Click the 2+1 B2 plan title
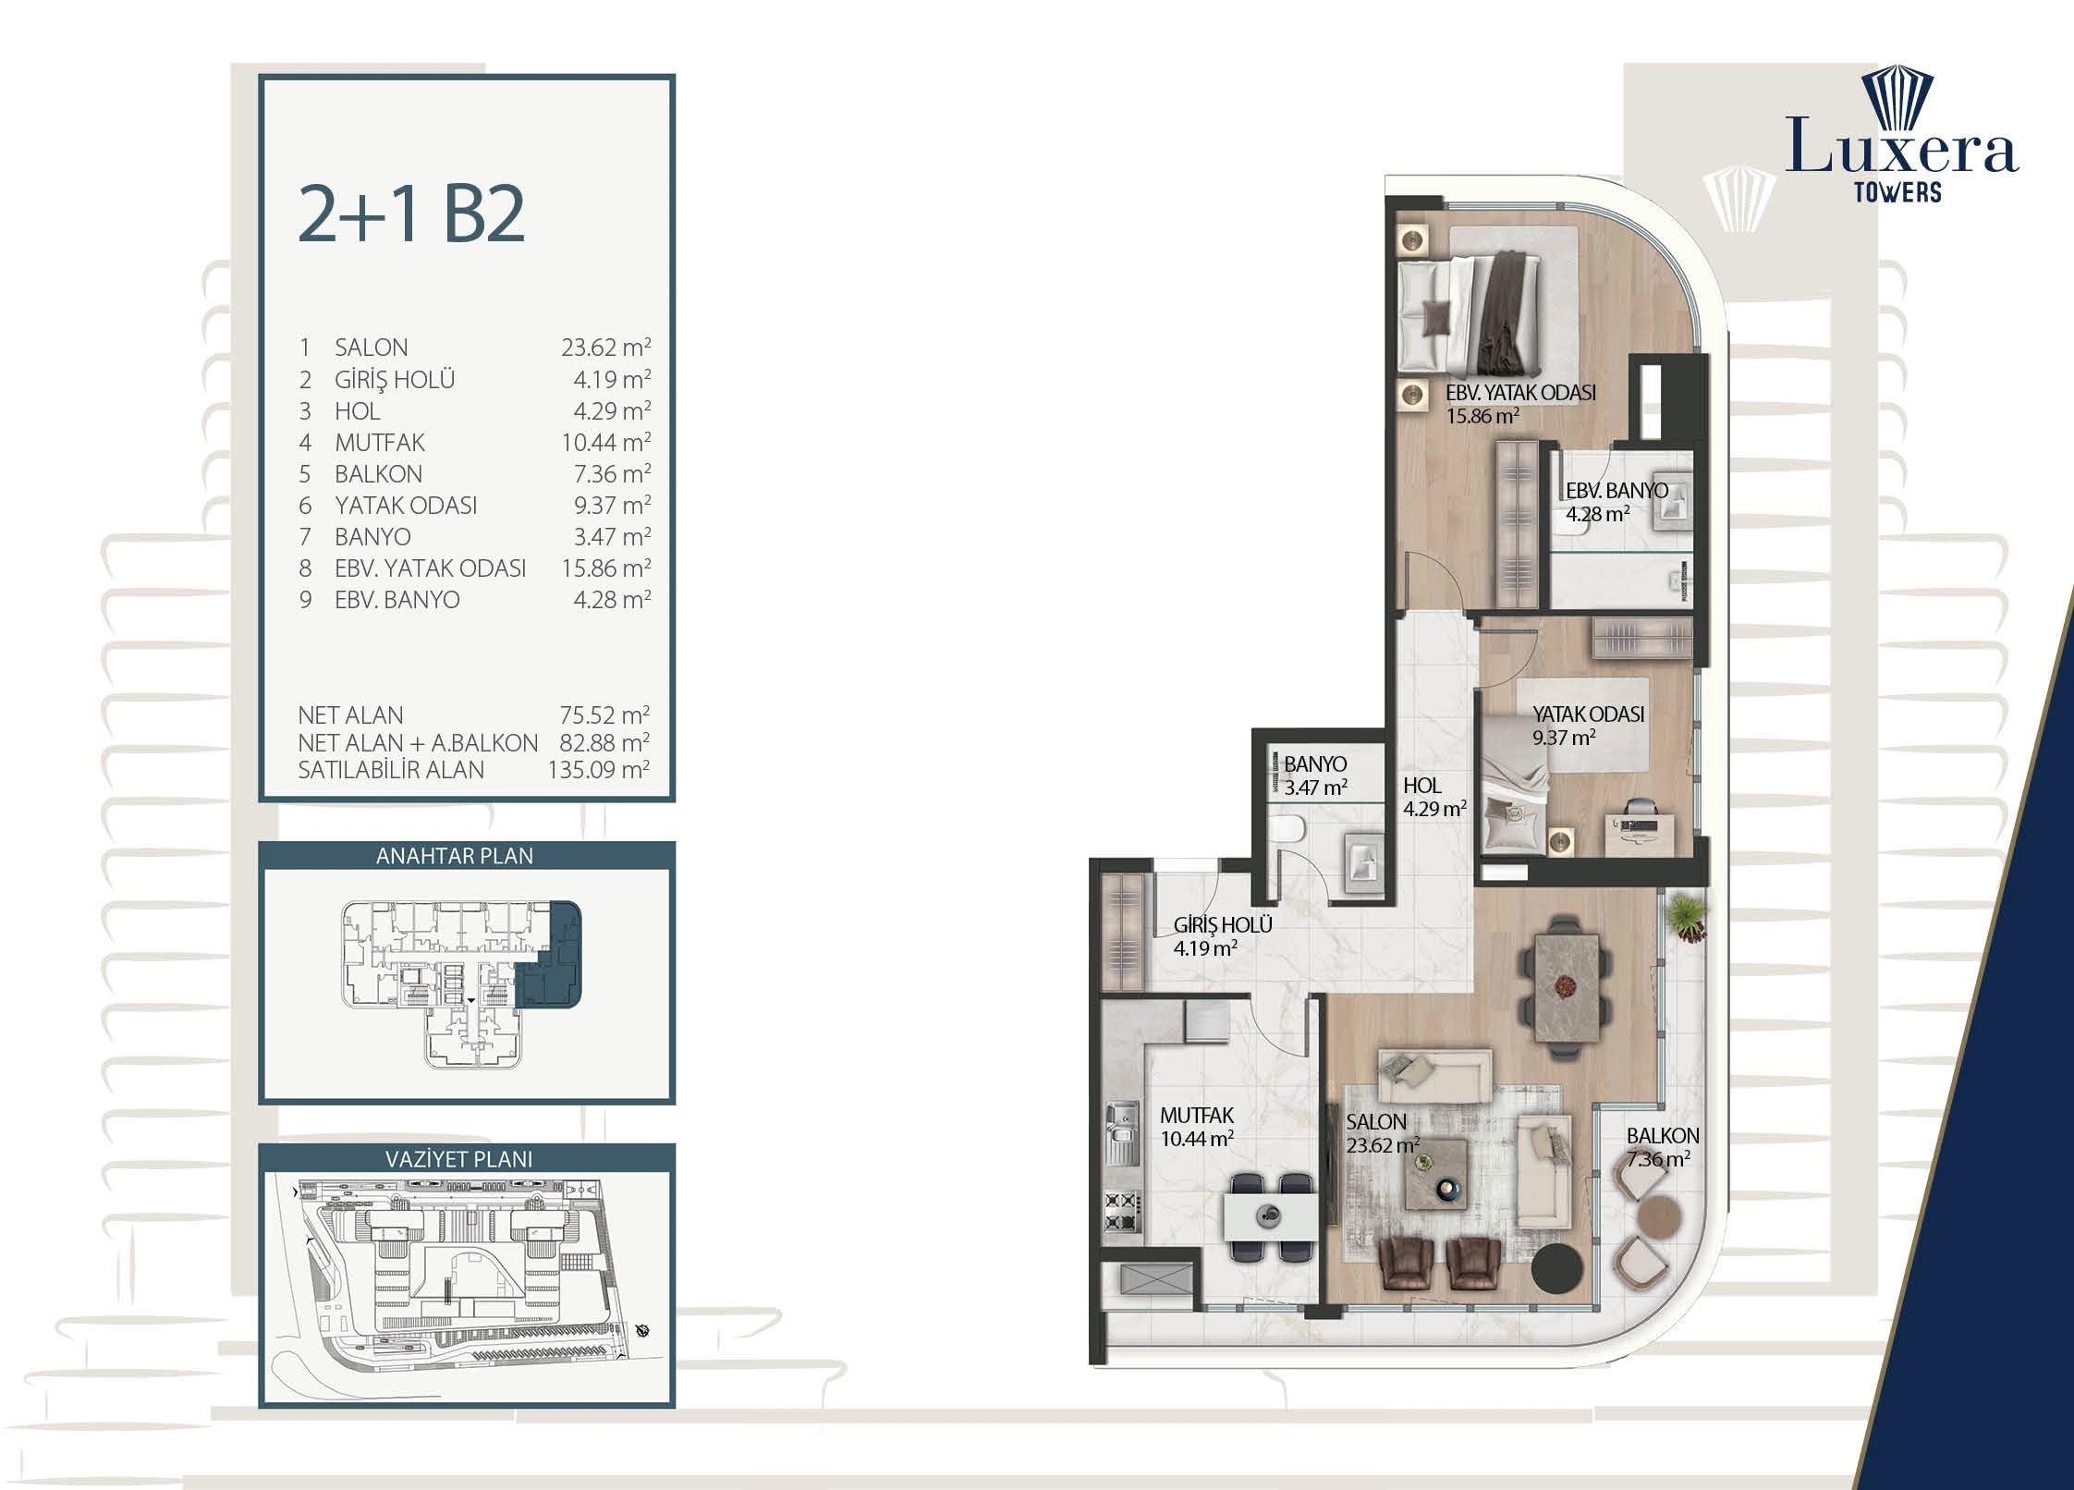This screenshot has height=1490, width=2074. pos(411,214)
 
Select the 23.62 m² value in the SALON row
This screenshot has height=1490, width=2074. pos(605,348)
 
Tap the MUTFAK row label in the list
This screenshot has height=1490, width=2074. pos(380,443)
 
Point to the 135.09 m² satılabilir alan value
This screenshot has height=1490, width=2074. pos(598,770)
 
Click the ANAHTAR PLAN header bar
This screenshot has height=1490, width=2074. pos(466,856)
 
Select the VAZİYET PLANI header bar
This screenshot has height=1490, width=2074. pos(466,1158)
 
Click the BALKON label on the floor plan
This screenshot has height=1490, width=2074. pos(1663,1136)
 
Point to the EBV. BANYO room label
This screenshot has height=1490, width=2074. pos(1616,491)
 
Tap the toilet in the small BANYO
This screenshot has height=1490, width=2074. pos(1286,829)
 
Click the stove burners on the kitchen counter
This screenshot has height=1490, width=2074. pos(1122,1212)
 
